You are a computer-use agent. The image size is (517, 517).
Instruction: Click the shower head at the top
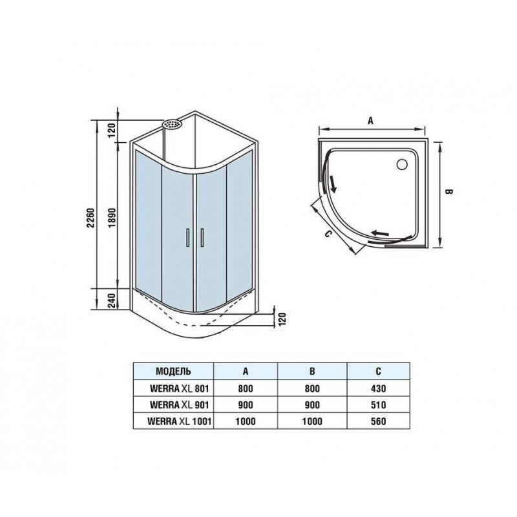pyautogui.click(x=171, y=124)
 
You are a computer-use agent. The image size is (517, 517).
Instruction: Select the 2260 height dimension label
pyautogui.click(x=90, y=218)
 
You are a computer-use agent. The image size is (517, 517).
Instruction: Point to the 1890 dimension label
pyautogui.click(x=112, y=218)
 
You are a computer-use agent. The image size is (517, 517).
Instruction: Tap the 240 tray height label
pyautogui.click(x=112, y=301)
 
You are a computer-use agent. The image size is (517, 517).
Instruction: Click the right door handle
pyautogui.click(x=202, y=237)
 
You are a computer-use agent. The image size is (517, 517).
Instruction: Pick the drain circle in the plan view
pyautogui.click(x=402, y=164)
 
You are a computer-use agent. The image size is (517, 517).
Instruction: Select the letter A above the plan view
pyautogui.click(x=370, y=121)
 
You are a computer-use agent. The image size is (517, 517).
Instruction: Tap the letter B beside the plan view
pyautogui.click(x=448, y=191)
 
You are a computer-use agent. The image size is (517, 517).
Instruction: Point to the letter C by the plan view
pyautogui.click(x=328, y=234)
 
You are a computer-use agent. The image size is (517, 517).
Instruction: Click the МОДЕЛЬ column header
pyautogui.click(x=173, y=371)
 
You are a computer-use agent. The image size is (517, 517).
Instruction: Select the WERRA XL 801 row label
pyautogui.click(x=180, y=388)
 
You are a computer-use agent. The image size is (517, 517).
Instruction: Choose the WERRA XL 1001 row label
pyautogui.click(x=180, y=421)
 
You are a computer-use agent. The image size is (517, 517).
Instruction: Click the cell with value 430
pyautogui.click(x=378, y=388)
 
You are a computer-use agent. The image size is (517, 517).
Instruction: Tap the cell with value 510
pyautogui.click(x=378, y=405)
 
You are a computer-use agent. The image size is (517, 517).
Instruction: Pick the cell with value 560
pyautogui.click(x=378, y=421)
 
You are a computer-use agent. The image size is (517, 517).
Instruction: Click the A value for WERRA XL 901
pyautogui.click(x=246, y=405)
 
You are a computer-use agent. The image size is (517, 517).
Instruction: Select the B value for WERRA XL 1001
pyautogui.click(x=312, y=421)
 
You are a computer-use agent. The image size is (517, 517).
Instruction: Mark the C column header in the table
pyautogui.click(x=378, y=371)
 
